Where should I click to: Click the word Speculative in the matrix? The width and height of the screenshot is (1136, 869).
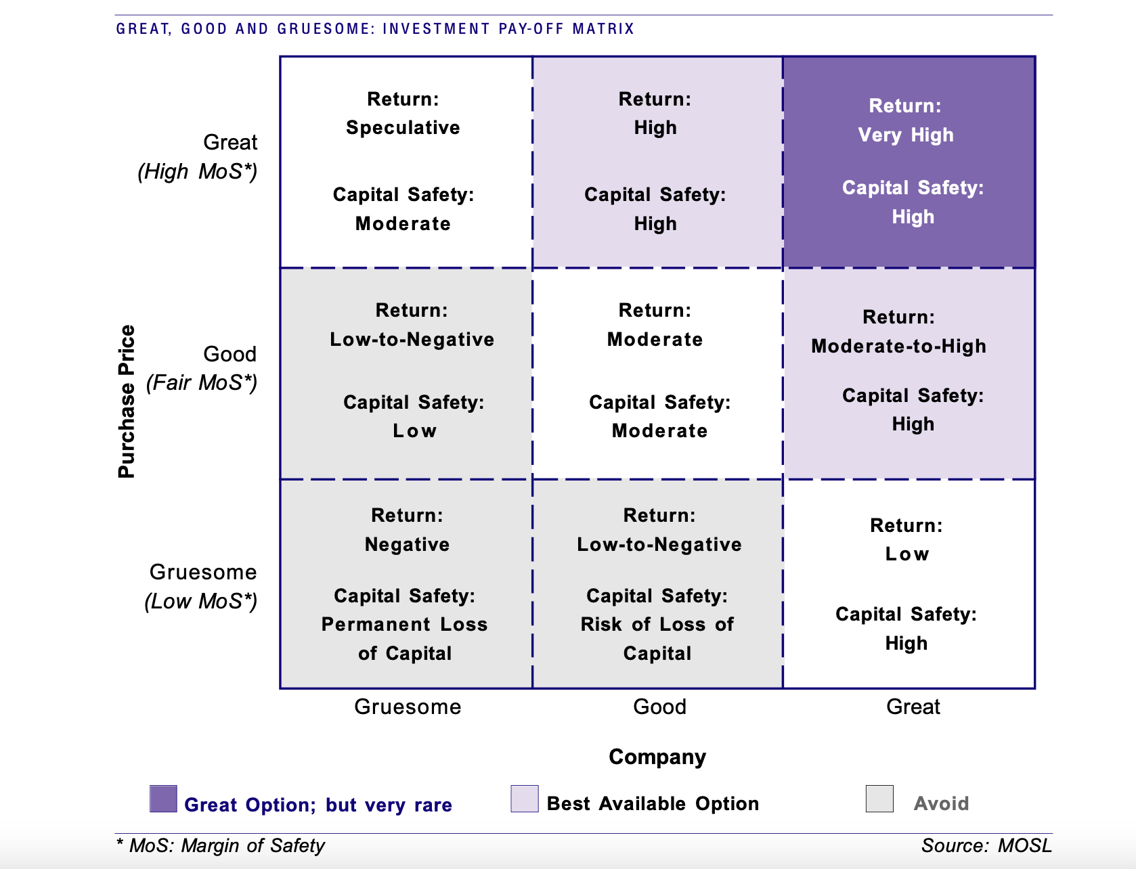403,128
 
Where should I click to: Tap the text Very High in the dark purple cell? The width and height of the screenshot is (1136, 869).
906,135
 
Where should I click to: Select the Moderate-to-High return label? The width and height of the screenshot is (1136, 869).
899,346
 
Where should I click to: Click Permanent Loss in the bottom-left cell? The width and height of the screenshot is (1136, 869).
405,624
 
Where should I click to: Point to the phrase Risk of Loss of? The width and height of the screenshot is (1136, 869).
657,624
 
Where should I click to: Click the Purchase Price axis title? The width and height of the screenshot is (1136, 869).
127,401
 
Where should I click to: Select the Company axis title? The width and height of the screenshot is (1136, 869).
657,757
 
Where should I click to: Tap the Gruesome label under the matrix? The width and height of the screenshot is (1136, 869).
408,707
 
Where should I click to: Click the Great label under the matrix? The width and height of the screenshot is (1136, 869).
913,707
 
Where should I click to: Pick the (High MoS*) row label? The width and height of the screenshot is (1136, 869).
197,172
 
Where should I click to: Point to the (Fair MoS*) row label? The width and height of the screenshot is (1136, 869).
201,383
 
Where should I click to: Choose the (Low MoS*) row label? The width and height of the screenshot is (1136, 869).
201,601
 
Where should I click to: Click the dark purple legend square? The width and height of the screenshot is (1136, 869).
164,799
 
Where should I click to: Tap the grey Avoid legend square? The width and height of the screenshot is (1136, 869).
880,799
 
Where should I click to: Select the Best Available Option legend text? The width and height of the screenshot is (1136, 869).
653,804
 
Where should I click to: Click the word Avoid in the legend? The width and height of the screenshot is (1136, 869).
942,804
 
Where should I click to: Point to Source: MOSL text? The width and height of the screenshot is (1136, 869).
987,846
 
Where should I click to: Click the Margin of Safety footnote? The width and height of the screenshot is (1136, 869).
221,846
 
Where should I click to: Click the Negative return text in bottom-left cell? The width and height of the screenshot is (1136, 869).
408,545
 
